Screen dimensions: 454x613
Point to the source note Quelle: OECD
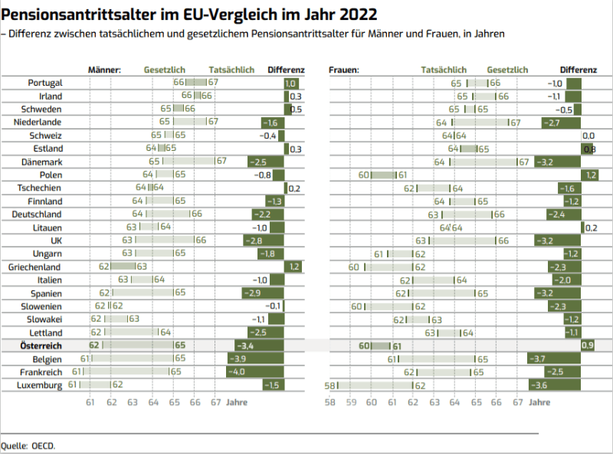coord(28,445)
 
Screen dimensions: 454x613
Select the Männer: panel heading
coord(105,70)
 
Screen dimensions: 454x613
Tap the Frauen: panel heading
coord(344,70)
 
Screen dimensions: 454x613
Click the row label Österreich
coord(39,346)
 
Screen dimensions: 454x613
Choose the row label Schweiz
coord(45,136)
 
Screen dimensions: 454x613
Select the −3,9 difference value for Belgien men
coord(239,359)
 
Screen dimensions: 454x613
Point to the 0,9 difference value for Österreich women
coord(588,346)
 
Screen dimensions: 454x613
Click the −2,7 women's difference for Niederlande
coord(551,122)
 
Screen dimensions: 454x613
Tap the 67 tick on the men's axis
coord(215,402)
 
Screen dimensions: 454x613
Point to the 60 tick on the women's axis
coord(371,402)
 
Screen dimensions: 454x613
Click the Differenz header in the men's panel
coord(286,70)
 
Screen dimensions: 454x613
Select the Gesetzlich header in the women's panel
coord(507,70)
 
